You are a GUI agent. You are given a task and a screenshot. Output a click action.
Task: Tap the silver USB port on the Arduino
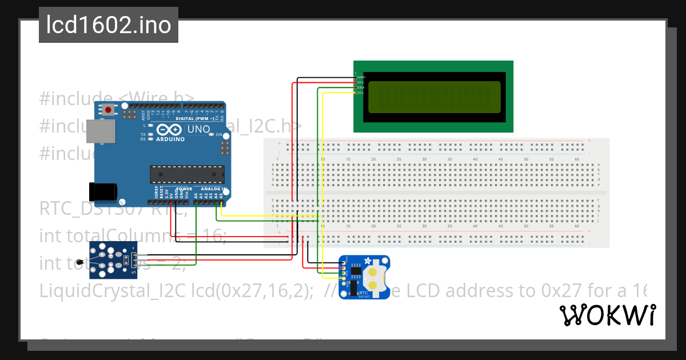click(100, 131)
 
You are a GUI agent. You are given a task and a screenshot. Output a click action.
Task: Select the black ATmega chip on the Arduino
click(187, 174)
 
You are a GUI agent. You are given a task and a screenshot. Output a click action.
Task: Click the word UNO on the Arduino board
click(198, 130)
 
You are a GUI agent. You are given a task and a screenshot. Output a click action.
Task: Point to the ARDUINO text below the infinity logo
click(170, 139)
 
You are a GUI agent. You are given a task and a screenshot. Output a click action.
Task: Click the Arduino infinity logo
click(170, 130)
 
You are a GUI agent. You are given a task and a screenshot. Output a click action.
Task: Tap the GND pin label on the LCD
click(361, 77)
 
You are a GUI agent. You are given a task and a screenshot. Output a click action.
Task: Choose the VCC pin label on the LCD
click(361, 82)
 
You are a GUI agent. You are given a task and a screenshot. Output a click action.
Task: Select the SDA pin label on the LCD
click(361, 87)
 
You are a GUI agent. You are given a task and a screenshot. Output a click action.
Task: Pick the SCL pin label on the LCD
click(361, 92)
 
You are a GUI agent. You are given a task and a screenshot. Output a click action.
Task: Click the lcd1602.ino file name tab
click(109, 25)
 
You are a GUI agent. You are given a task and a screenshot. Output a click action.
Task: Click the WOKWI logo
click(607, 315)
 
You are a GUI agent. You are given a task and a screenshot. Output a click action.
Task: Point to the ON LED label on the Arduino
click(218, 135)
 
